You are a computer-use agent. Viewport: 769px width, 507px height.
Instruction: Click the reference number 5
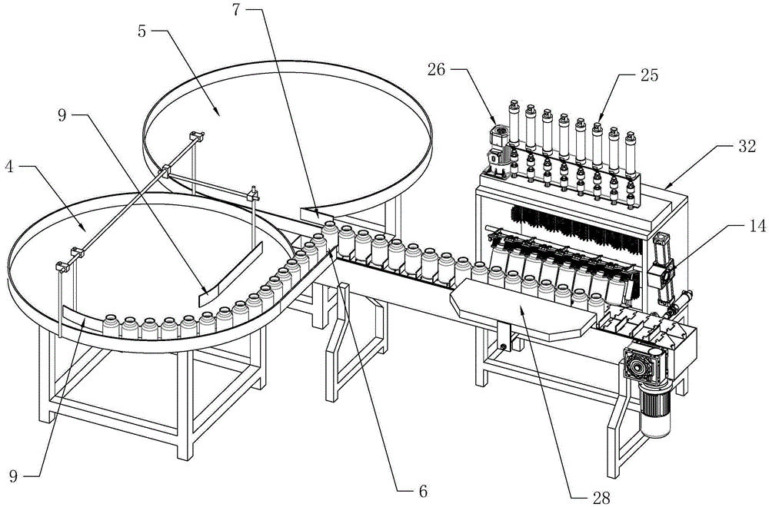coord(142,32)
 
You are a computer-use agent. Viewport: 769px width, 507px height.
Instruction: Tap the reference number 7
coord(236,10)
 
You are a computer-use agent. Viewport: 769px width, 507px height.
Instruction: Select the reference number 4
coord(9,167)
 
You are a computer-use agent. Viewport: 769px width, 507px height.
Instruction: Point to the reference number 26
coord(437,70)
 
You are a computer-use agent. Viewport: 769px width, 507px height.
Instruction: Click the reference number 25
coord(648,75)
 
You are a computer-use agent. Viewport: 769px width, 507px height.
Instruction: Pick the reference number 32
coord(747,147)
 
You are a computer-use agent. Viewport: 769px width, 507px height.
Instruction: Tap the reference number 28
coord(601,498)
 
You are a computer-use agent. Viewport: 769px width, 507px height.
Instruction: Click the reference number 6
coord(423,490)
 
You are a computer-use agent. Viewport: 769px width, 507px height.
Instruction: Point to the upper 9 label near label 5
coord(62,115)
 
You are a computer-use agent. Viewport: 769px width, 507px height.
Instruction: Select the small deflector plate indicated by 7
coord(316,214)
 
